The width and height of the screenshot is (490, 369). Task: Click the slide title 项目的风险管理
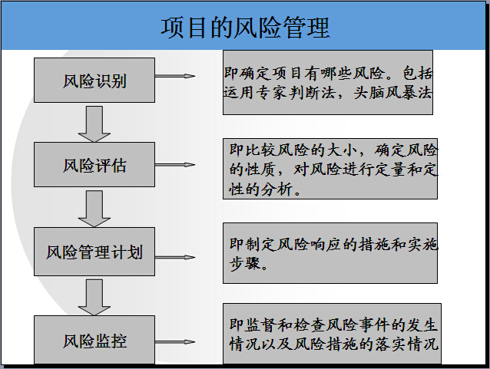pos(245,28)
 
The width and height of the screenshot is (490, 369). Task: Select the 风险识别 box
pos(94,80)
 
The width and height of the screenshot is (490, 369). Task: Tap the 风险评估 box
pos(94,164)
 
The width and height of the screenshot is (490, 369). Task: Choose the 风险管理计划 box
pos(94,252)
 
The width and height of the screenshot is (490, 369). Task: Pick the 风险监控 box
pos(94,340)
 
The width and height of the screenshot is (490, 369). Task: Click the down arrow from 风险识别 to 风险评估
pos(94,124)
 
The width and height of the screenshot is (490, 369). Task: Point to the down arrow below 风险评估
pos(94,209)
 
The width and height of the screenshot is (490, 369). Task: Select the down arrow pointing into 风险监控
pos(94,297)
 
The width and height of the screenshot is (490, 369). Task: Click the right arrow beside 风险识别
pos(175,76)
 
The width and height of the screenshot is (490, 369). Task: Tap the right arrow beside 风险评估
pos(175,164)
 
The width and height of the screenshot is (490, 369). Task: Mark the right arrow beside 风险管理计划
pos(175,257)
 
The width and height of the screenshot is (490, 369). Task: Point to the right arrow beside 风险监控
pos(175,342)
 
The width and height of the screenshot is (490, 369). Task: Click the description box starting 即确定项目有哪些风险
pos(328,82)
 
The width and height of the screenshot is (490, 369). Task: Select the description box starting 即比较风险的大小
pos(330,169)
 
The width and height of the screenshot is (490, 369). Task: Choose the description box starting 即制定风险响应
pos(330,253)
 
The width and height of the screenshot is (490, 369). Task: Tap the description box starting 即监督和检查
pos(332,334)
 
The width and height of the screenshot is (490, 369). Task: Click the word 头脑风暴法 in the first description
pos(392,93)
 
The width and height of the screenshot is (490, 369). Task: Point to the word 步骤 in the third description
pos(245,263)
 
